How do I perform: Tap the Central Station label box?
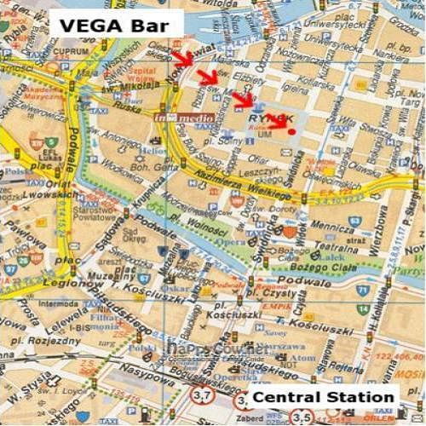[x=324, y=397]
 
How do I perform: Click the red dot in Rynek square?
[x=292, y=132]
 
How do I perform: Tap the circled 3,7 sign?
[x=201, y=396]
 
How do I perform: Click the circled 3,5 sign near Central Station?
[x=302, y=417]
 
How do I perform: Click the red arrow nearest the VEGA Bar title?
[x=181, y=58]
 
